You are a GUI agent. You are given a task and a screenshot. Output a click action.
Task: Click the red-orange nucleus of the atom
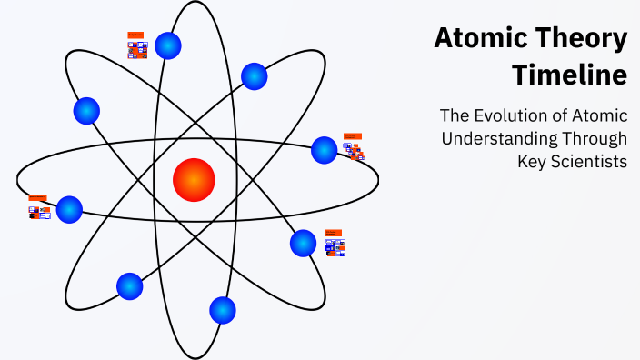click(x=194, y=179)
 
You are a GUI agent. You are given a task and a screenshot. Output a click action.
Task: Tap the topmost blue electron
click(x=168, y=45)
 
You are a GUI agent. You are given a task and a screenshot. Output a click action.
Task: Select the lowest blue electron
click(x=223, y=310)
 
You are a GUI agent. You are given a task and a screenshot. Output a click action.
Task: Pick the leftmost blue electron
click(x=69, y=210)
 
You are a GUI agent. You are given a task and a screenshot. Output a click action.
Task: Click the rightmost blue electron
click(x=325, y=150)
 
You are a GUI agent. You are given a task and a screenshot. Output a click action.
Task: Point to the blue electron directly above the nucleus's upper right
click(x=254, y=76)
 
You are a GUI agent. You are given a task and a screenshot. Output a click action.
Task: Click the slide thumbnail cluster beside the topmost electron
click(x=137, y=45)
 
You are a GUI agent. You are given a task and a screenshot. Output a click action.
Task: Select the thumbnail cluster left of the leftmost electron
click(x=38, y=207)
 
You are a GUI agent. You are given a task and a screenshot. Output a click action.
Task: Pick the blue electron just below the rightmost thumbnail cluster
click(x=303, y=243)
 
